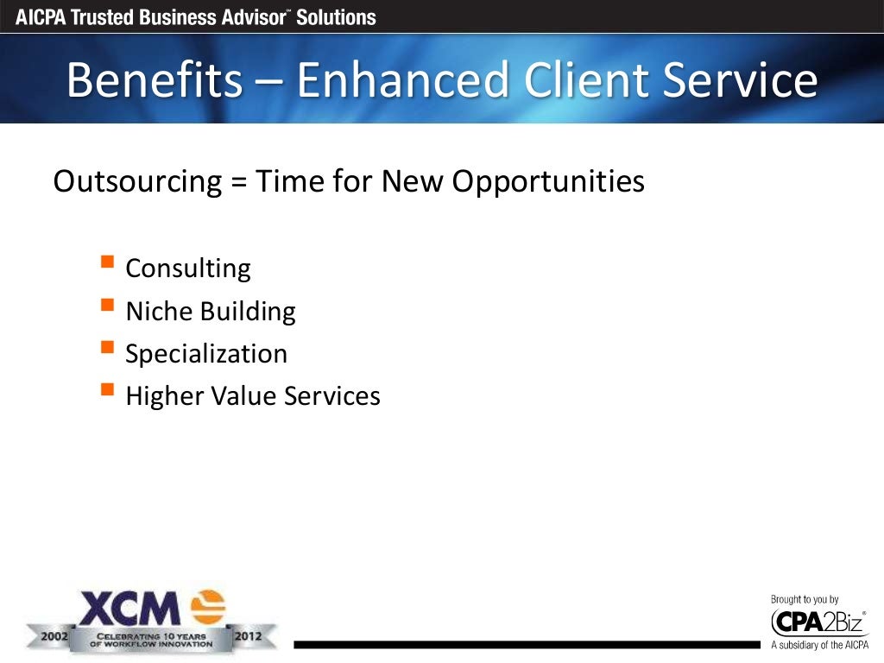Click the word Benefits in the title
tap(155, 80)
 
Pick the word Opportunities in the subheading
tap(547, 181)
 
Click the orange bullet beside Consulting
tap(107, 262)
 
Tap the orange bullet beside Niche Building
tap(107, 304)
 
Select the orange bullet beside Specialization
tap(107, 347)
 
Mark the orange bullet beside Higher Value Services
tap(107, 389)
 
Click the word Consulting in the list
tap(188, 268)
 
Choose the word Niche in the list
tap(158, 311)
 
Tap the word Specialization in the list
tap(206, 354)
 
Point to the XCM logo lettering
tap(129, 609)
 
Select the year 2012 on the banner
tap(249, 637)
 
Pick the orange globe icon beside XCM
tap(207, 607)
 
